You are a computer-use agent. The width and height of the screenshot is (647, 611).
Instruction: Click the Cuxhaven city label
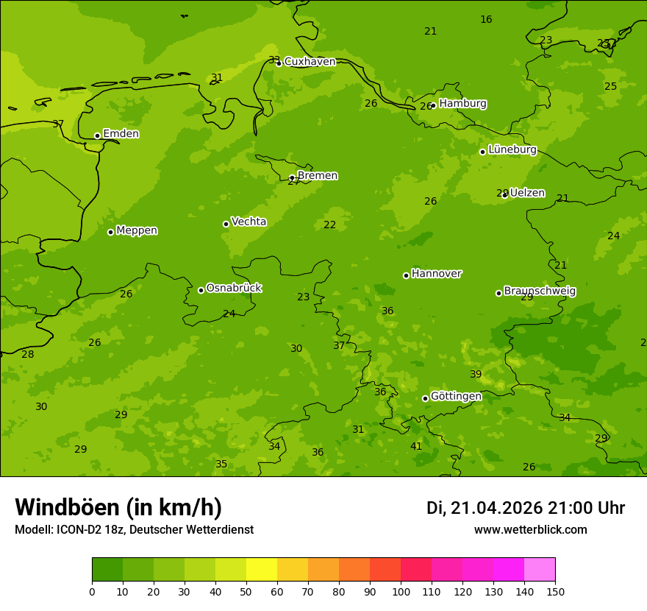[x=310, y=62]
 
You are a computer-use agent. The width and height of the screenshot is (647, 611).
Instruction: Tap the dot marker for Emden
[x=97, y=135]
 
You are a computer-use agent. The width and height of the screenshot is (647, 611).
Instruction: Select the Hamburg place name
[x=462, y=104]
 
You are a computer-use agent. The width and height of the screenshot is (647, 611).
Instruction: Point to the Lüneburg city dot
[x=482, y=152]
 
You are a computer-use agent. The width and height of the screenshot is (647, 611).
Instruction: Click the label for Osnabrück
[x=234, y=288]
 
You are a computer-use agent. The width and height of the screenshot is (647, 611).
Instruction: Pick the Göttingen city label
[x=456, y=396]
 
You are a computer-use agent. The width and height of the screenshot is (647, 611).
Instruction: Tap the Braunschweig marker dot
[x=498, y=293]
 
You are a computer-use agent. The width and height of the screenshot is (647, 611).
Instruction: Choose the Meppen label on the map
[x=137, y=230]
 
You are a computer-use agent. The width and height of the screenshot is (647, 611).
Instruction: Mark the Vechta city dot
[x=226, y=224]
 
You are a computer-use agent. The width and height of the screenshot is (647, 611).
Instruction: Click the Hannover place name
[x=436, y=274]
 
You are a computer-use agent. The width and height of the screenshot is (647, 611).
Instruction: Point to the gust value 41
[x=416, y=446]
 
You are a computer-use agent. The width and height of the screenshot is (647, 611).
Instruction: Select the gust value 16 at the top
[x=486, y=19]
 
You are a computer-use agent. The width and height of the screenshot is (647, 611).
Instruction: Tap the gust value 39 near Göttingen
[x=476, y=374]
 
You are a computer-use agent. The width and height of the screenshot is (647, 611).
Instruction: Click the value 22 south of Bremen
[x=330, y=225]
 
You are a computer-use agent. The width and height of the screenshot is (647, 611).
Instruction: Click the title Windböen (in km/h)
[x=118, y=507]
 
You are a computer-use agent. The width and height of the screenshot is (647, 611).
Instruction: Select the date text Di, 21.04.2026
[x=485, y=508]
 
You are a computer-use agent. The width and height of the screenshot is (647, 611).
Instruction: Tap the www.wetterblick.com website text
[x=530, y=530]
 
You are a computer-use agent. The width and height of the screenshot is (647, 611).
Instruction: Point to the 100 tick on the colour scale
[x=401, y=591]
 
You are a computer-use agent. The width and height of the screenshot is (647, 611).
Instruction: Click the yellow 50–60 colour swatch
[x=262, y=570]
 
